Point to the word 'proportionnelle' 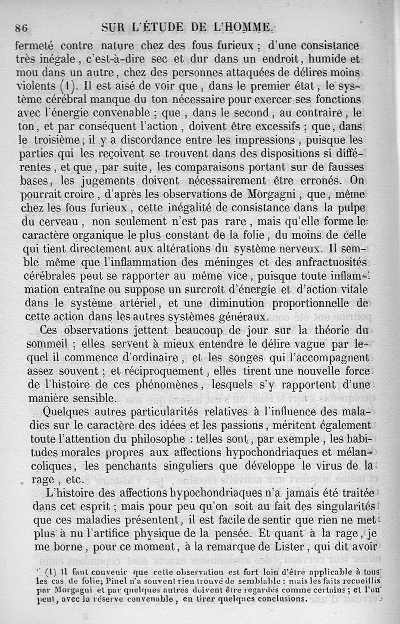(x=324, y=304)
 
